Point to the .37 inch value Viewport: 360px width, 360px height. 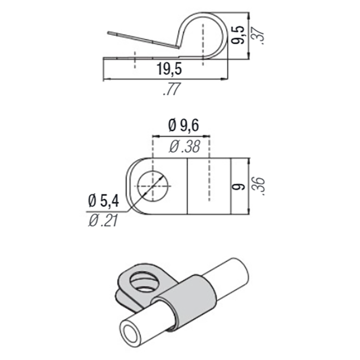(x=258, y=35)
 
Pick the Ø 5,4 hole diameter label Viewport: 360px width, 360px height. (x=103, y=201)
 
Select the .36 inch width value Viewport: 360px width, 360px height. (x=258, y=185)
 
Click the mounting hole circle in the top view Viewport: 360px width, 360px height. (x=153, y=186)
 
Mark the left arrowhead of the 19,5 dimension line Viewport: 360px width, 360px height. (x=106, y=80)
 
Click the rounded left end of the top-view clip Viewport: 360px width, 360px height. (x=132, y=186)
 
